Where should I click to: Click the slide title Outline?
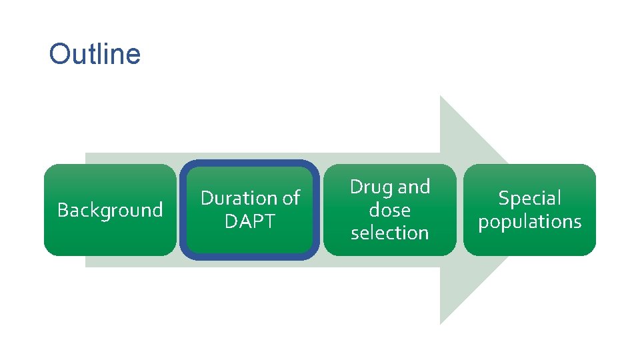[95, 54]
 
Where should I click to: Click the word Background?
[110, 210]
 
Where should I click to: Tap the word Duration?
[239, 198]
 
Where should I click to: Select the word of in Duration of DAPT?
[291, 198]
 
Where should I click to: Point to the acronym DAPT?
[250, 221]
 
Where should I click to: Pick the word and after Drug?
[414, 187]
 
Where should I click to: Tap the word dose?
[389, 210]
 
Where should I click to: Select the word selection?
[389, 233]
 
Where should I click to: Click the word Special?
[530, 198]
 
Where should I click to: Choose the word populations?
[530, 221]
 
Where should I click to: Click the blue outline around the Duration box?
[182, 210]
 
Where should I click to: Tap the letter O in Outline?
[59, 55]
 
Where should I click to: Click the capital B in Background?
[63, 210]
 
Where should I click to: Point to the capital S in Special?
[503, 198]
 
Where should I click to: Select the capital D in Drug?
[357, 187]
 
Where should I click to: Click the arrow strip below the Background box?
[110, 261]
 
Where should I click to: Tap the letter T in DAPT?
[269, 221]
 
